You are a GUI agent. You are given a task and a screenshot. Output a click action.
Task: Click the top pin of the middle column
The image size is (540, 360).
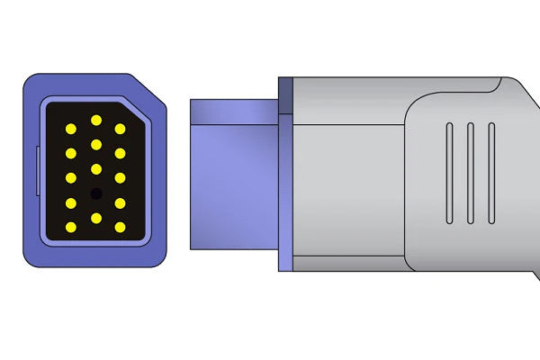point(95,120)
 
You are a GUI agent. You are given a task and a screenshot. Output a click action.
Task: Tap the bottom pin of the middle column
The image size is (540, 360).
point(95,217)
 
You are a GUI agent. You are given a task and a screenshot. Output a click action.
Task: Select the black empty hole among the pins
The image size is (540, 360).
point(95,193)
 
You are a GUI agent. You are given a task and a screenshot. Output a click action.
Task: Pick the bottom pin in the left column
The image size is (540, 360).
point(70,226)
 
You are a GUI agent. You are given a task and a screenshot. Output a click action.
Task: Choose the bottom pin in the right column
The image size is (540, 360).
point(120,226)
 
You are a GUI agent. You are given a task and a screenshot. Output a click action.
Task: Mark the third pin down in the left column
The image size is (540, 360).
point(70,178)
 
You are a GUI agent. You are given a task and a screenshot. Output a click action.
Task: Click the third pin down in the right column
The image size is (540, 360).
point(120,178)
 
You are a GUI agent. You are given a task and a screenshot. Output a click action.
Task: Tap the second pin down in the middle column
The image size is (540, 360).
point(95,144)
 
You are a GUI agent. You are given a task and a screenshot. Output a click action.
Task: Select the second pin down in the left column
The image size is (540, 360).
point(70,154)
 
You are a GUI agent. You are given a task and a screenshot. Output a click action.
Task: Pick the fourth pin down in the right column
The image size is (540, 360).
point(120,202)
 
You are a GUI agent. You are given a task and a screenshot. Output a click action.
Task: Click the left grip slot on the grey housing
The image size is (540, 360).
point(447,172)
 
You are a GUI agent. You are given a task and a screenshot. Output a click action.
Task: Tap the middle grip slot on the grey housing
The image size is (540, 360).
point(469,172)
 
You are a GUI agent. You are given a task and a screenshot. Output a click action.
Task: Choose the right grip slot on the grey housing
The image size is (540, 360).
point(490,172)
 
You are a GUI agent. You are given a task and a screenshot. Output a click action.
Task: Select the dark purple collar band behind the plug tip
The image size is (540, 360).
point(286,174)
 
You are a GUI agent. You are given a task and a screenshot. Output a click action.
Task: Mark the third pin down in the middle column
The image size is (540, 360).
point(95,168)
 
